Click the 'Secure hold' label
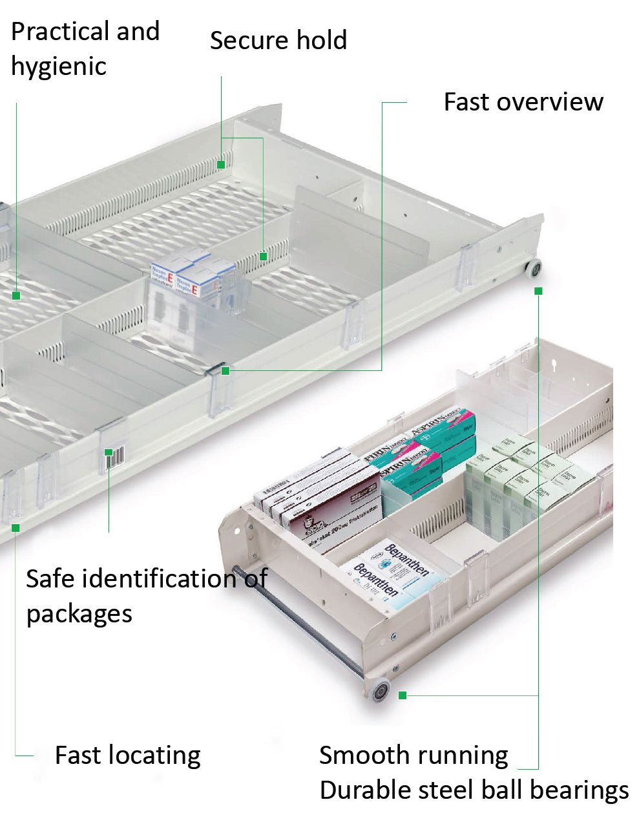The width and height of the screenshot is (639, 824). [278, 40]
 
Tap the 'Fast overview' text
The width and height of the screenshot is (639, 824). [523, 102]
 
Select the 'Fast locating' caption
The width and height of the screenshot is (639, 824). [127, 755]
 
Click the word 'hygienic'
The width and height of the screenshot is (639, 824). [59, 67]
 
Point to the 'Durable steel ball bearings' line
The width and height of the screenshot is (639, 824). [474, 790]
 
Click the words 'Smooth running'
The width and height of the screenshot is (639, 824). [414, 755]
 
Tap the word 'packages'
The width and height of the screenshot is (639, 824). [79, 613]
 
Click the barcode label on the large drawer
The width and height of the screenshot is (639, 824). [114, 458]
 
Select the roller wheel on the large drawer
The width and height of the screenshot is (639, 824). [533, 269]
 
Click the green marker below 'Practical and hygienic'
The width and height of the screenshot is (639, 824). [16, 296]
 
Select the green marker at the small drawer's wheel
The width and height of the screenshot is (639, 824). [403, 695]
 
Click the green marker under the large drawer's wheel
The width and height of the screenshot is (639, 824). [538, 291]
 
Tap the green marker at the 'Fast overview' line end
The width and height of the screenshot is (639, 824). [225, 371]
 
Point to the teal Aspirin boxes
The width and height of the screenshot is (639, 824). [426, 446]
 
